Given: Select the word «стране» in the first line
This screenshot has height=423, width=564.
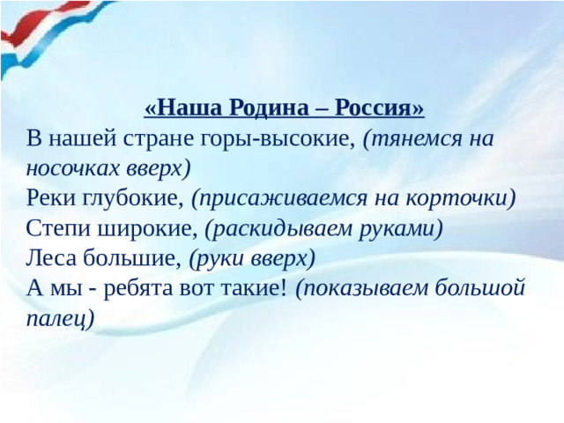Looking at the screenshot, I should tap(145, 138).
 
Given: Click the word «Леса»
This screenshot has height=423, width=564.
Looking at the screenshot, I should tap(52, 257).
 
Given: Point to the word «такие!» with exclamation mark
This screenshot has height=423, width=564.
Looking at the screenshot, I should tap(256, 287).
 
